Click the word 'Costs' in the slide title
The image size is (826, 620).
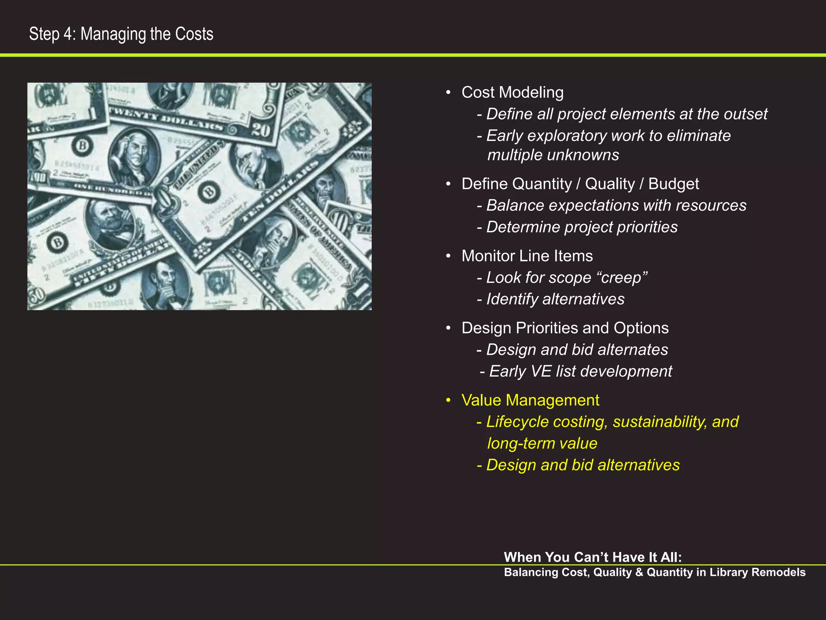(x=194, y=34)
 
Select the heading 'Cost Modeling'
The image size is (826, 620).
(x=512, y=92)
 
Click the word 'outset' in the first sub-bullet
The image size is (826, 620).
(x=745, y=114)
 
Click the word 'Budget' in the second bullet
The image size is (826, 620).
(x=674, y=184)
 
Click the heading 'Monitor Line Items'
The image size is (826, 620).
(x=527, y=256)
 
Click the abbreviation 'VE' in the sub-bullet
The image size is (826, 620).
(x=541, y=371)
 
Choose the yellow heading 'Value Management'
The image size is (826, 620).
(x=530, y=400)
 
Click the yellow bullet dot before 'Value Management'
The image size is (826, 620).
(x=448, y=400)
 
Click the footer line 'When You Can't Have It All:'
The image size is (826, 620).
(x=592, y=557)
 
